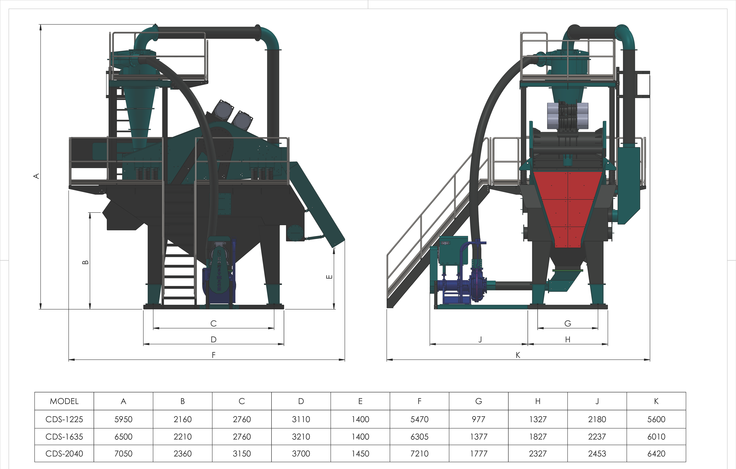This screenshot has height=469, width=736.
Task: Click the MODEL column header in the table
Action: [x=64, y=401]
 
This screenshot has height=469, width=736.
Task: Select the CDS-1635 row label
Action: [x=64, y=437]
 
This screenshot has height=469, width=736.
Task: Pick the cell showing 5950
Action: [x=124, y=419]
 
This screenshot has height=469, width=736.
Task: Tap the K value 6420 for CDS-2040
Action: [x=656, y=453]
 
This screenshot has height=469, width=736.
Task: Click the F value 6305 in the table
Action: [x=419, y=437]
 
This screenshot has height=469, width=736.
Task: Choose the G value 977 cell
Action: [x=479, y=419]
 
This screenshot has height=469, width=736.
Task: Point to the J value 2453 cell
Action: [x=597, y=453]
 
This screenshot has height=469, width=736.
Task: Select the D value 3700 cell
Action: [x=301, y=453]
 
